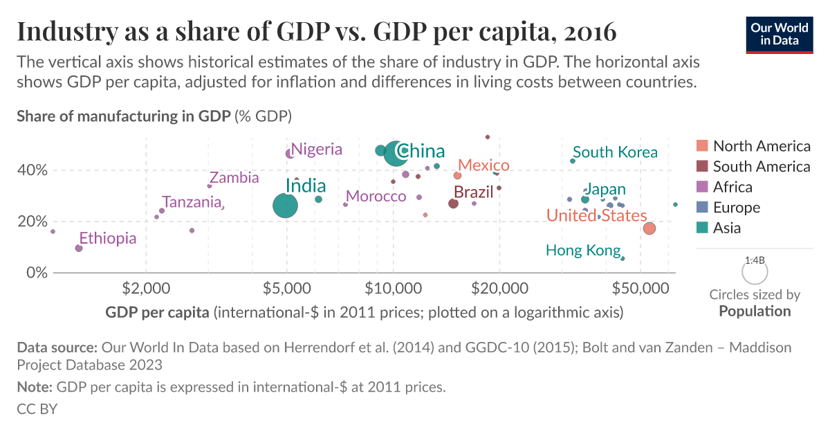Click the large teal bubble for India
click(286, 206)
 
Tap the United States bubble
click(649, 228)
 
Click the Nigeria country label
click(316, 149)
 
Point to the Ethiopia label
click(107, 238)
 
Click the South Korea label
click(615, 152)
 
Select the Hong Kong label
click(582, 250)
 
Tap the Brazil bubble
click(453, 204)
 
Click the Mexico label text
click(483, 165)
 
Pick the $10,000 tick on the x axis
click(394, 287)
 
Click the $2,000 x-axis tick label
click(145, 287)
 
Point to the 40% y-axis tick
click(32, 170)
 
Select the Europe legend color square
click(702, 207)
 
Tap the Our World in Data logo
click(779, 34)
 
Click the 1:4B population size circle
click(755, 270)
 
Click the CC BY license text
click(37, 409)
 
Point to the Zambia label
click(234, 178)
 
